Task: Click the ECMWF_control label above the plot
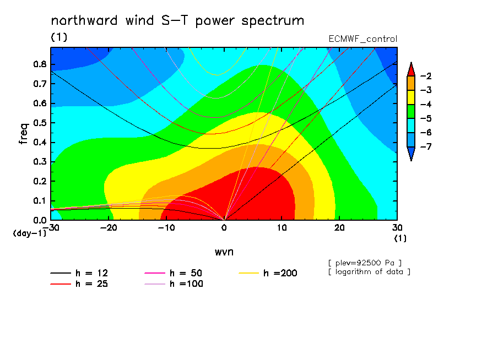(362, 39)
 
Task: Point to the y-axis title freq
(24, 134)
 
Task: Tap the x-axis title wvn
(224, 252)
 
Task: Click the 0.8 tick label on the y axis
(40, 64)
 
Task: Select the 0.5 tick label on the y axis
(40, 123)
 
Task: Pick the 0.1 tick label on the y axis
(40, 201)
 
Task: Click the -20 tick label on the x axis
(109, 228)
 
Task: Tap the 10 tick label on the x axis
(282, 228)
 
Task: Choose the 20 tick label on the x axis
(339, 228)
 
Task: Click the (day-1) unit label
(30, 233)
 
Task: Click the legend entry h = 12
(79, 273)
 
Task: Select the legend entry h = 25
(79, 283)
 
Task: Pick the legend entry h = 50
(174, 273)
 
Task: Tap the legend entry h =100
(174, 283)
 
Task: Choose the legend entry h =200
(268, 273)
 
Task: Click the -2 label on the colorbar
(426, 76)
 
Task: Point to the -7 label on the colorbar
(426, 146)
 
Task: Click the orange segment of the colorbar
(411, 83)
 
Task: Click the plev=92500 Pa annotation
(365, 263)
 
